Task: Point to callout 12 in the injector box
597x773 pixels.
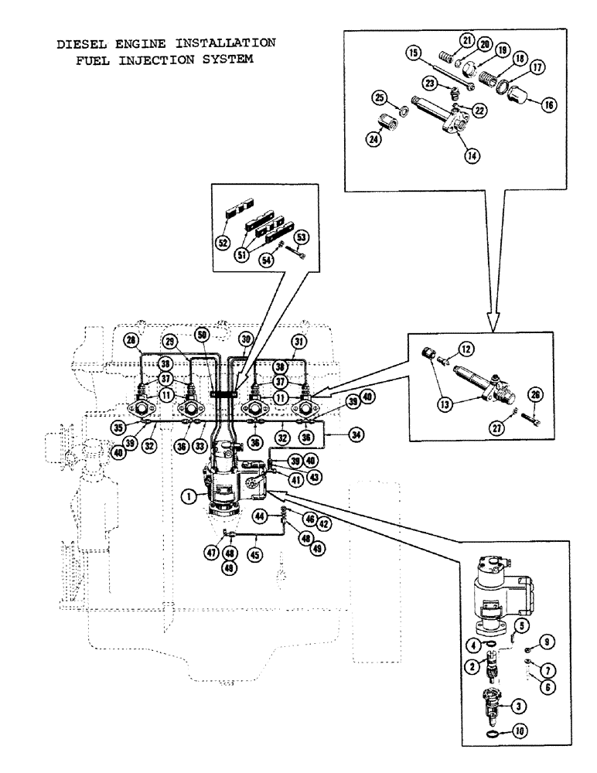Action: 466,349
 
